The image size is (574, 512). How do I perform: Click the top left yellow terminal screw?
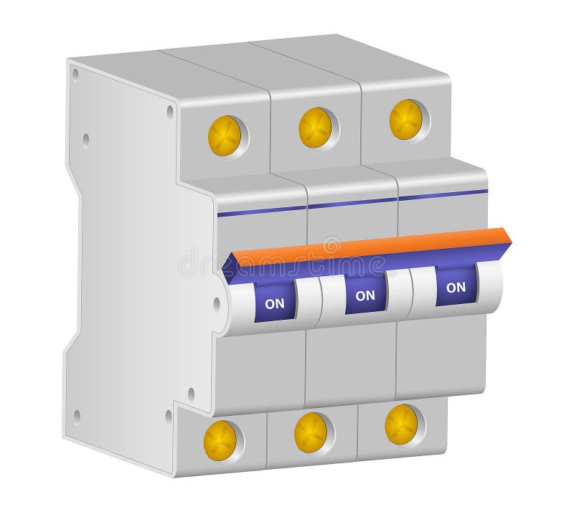coord(225,136)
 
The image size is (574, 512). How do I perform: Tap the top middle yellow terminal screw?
coord(316,128)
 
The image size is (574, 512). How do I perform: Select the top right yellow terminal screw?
coord(406,119)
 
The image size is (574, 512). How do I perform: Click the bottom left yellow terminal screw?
coord(220,440)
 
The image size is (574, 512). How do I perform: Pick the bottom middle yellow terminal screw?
coord(311,432)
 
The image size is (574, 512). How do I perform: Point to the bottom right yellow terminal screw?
coord(401,425)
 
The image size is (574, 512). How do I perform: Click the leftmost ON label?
coord(275,303)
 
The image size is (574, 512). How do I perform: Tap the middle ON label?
coord(365,295)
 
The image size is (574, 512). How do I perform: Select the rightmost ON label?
coord(456,287)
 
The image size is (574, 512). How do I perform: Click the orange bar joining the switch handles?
coord(373,245)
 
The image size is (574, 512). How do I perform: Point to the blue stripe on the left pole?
coord(262,211)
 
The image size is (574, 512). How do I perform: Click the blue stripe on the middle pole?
coord(352,202)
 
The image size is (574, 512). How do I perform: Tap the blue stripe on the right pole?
coord(443,194)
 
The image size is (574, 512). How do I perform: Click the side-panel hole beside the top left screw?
coord(170,112)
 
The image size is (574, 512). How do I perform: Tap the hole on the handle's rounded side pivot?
coord(217,304)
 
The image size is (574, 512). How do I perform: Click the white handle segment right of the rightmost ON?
coord(490,283)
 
